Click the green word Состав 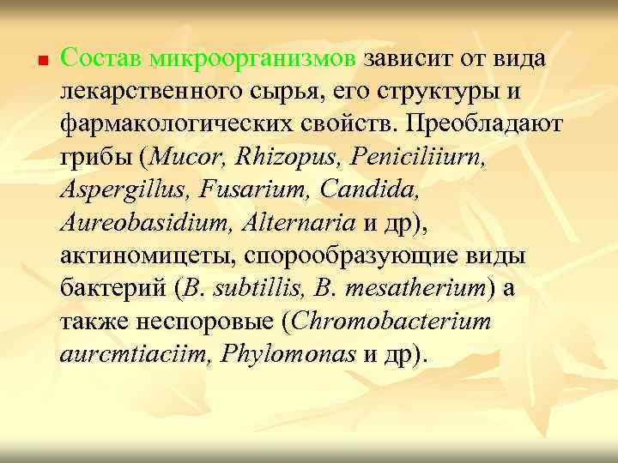coord(101,59)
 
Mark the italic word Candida coord(360,190)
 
